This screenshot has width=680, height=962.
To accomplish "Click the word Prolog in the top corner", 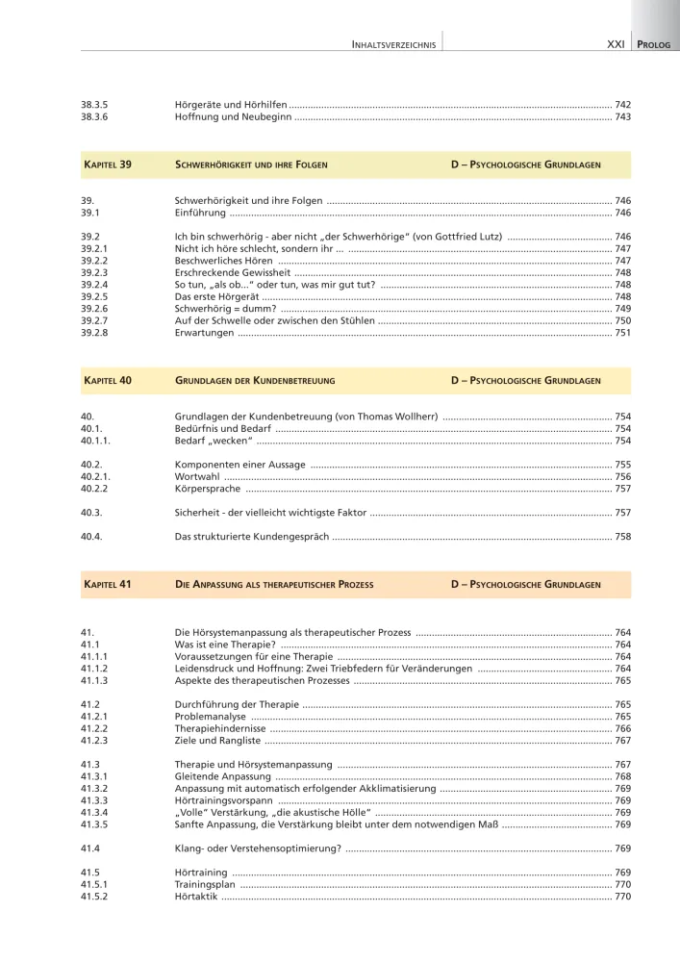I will pyautogui.click(x=657, y=44).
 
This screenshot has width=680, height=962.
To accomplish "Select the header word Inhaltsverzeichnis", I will pyautogui.click(x=394, y=44).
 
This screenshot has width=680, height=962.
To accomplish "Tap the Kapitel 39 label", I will pyautogui.click(x=108, y=165).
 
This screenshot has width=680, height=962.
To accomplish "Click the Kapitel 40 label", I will pyautogui.click(x=108, y=381).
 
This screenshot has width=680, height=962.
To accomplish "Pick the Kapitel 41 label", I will pyautogui.click(x=108, y=584).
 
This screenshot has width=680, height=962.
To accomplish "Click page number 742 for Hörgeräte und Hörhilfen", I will pyautogui.click(x=622, y=104).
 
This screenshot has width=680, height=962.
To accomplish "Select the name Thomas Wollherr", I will pyautogui.click(x=393, y=417).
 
